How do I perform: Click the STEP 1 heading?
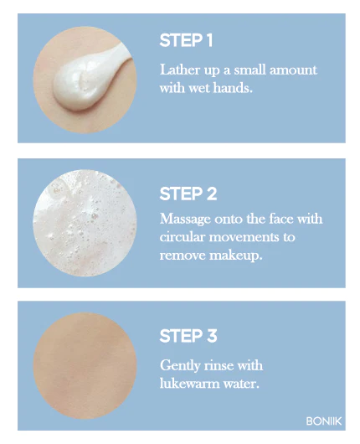pyautogui.click(x=186, y=40)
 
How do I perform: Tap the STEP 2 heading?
pyautogui.click(x=188, y=194)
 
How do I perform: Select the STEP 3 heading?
pyautogui.click(x=188, y=336)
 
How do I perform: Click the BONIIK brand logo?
pyautogui.click(x=324, y=421)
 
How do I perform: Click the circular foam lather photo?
pyautogui.click(x=85, y=223)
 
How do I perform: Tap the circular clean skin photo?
pyautogui.click(x=85, y=365)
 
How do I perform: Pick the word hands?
pyautogui.click(x=233, y=88)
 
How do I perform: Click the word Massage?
pyautogui.click(x=185, y=219)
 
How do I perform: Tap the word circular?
pyautogui.click(x=182, y=237)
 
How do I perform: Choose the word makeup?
pyautogui.click(x=236, y=256)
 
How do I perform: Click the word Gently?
pyautogui.click(x=180, y=365)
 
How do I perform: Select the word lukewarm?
pyautogui.click(x=189, y=384)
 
